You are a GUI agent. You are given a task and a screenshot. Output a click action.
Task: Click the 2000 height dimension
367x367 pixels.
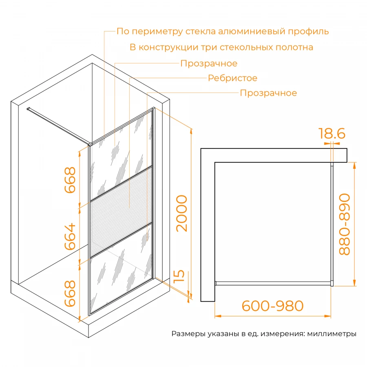(182, 213)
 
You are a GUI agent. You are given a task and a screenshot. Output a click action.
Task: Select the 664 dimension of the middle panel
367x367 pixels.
(70, 237)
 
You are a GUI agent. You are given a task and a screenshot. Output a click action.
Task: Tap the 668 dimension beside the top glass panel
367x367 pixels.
(70, 180)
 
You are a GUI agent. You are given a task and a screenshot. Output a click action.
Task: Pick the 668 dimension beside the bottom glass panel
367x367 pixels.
(70, 293)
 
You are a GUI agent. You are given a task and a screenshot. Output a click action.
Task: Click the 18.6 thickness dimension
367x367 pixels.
(332, 134)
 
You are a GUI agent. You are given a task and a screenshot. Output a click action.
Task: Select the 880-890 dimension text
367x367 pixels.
(345, 224)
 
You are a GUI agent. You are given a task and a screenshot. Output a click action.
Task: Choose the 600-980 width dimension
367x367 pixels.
(272, 306)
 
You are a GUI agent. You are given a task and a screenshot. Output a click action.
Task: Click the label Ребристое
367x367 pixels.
(232, 78)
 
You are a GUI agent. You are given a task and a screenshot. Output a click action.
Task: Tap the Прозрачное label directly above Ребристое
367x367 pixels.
(209, 64)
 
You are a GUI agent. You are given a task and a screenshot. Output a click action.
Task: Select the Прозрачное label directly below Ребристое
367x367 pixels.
(268, 93)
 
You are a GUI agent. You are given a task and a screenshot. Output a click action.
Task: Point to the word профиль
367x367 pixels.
(312, 31)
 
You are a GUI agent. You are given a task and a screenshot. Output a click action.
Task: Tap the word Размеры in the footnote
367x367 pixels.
(186, 334)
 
